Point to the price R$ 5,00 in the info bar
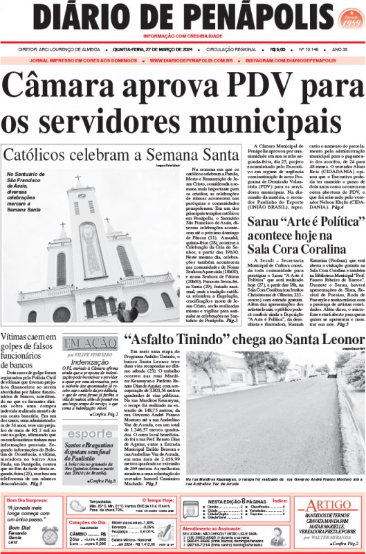pyautogui.click(x=279, y=49)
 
